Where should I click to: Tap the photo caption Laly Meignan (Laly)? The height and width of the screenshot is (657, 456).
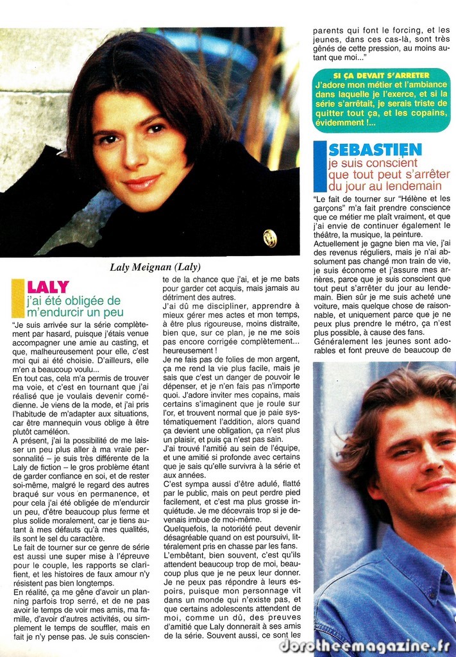[155, 267]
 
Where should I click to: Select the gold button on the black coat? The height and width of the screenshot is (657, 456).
[270, 237]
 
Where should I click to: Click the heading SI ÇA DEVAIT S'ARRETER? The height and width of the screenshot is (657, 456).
[382, 75]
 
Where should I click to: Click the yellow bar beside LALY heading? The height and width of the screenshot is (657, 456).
[17, 298]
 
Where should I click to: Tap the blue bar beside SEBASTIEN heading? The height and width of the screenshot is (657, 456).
[320, 167]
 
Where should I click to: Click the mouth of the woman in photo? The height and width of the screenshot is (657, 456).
[142, 183]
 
